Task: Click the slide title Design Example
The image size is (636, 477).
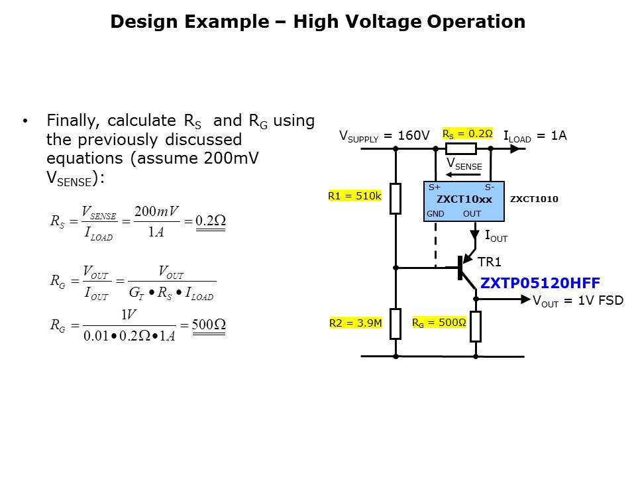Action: coord(317,22)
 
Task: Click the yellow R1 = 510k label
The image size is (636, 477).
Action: coord(354,196)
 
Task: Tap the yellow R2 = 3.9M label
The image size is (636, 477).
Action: coord(355,324)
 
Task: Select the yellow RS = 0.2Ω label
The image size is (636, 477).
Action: coord(467,134)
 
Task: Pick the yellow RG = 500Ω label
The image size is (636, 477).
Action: coord(439,324)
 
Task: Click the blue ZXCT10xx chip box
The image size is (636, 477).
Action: coord(464,201)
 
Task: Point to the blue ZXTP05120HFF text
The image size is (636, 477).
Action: coord(540,283)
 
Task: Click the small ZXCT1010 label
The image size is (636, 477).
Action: coord(534,199)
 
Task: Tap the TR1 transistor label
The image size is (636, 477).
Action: coord(490,262)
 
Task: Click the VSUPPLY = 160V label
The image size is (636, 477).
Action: coord(384,136)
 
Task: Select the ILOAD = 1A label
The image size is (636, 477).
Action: coord(535,136)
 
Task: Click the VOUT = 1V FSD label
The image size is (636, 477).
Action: coord(578,300)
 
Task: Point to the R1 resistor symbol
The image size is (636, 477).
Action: coord(396,199)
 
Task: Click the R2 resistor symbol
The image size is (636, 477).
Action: coord(396,324)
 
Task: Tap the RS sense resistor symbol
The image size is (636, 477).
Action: coord(456,148)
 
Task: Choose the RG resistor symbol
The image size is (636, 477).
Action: coord(475,326)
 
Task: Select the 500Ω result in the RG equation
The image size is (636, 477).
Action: coord(209,325)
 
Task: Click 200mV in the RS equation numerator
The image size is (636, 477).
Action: coord(156,211)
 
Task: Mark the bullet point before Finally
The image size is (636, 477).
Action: coord(25,121)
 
